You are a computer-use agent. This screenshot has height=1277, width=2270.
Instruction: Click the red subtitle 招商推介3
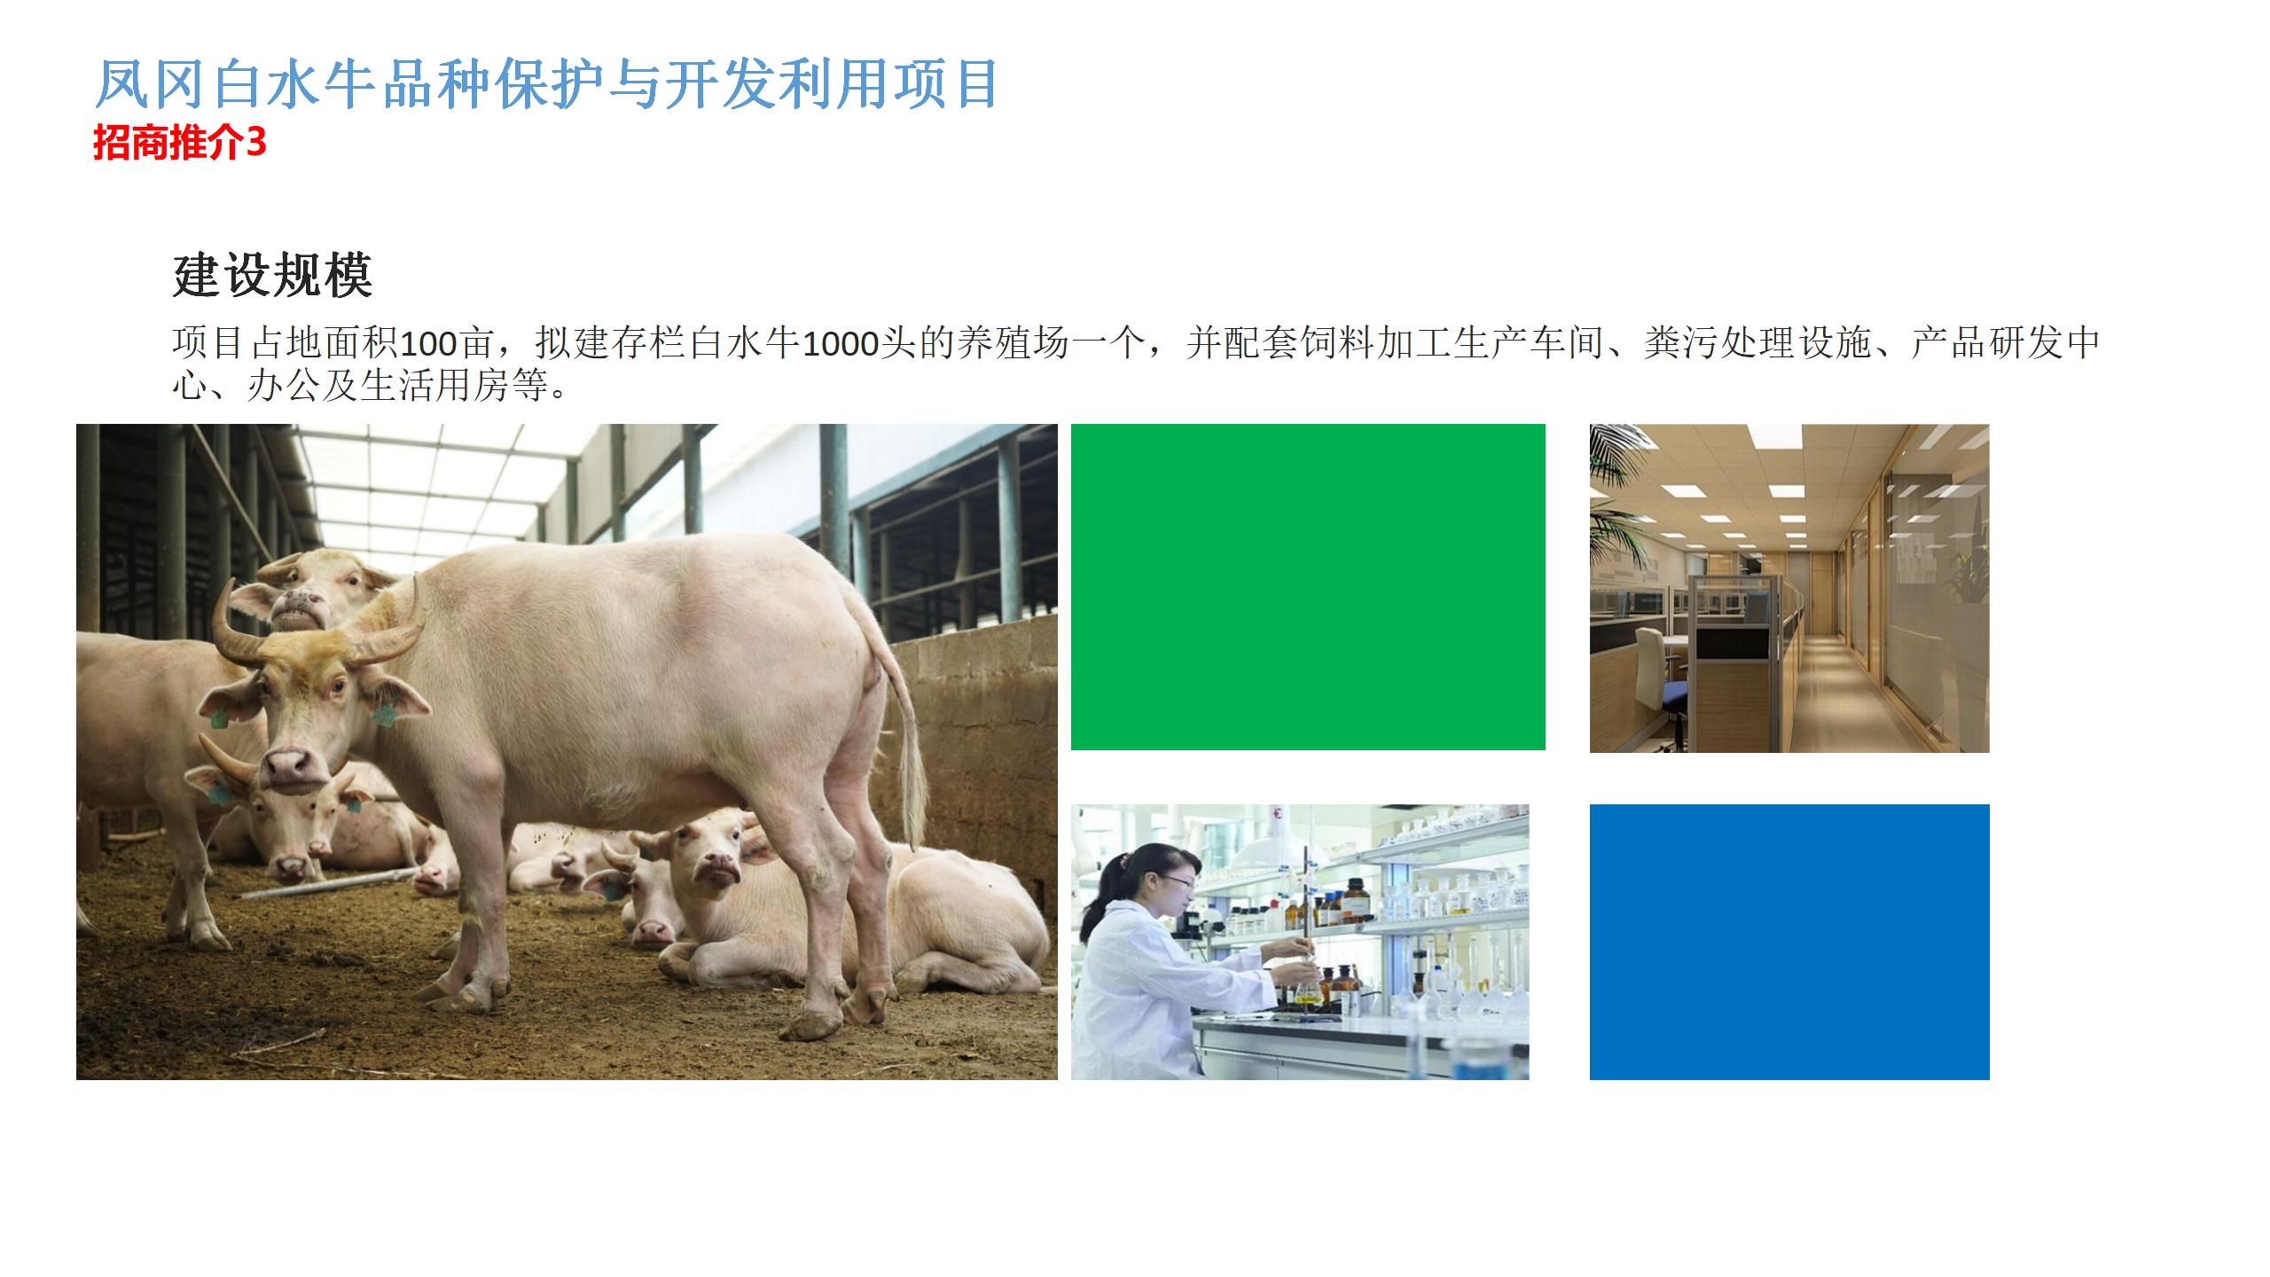(180, 143)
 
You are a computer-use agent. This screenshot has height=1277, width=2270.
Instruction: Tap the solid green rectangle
(1308, 587)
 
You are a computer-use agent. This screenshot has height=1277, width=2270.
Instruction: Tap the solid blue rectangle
(1789, 942)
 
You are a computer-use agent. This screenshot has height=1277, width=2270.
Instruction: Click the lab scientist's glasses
(1177, 882)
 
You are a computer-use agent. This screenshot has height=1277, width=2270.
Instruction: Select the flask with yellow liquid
(1306, 993)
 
